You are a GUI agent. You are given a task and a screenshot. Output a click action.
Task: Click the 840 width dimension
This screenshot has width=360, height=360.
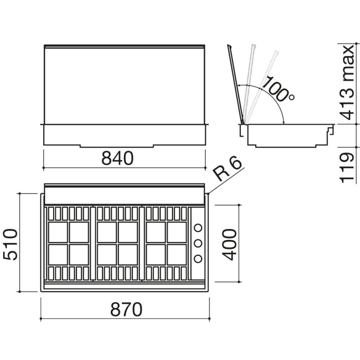pos(117,158)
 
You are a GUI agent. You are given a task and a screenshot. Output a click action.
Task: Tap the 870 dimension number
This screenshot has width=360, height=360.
pos(126,309)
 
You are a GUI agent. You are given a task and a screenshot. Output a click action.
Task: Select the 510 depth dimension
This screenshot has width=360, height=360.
pos(10,244)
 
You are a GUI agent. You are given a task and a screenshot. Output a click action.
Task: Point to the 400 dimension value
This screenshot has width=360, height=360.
pos(229,244)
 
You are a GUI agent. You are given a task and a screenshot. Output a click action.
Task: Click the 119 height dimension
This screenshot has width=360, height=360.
pos(346,167)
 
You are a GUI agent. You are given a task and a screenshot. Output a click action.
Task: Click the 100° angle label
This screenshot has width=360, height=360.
pos(278,89)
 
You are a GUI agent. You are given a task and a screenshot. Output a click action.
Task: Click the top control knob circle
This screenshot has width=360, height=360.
pos(198,228)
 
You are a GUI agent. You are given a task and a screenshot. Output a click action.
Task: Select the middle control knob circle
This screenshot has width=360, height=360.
pos(198,243)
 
